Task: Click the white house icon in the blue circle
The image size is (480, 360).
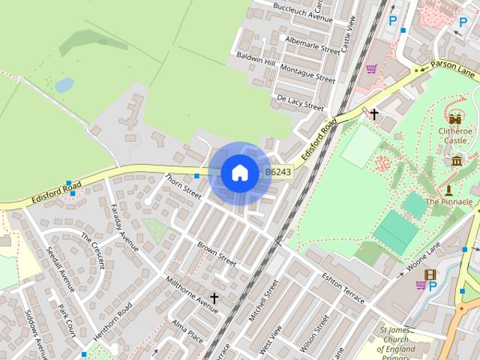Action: [x=239, y=172]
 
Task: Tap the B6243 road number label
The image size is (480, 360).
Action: [x=278, y=172]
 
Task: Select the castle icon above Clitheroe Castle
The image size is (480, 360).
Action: [x=455, y=118]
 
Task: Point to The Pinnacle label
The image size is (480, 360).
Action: [x=449, y=202]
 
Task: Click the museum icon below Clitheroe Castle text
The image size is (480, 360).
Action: [x=456, y=160]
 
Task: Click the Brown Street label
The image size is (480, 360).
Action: [x=217, y=253]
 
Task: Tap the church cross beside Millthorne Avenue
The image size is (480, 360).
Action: [x=214, y=298]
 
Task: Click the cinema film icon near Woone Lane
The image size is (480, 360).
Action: [x=430, y=275]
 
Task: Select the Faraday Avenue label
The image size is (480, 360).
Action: [x=124, y=226]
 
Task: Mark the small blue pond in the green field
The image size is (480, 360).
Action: [x=64, y=85]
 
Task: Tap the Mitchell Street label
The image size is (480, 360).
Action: [x=263, y=300]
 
